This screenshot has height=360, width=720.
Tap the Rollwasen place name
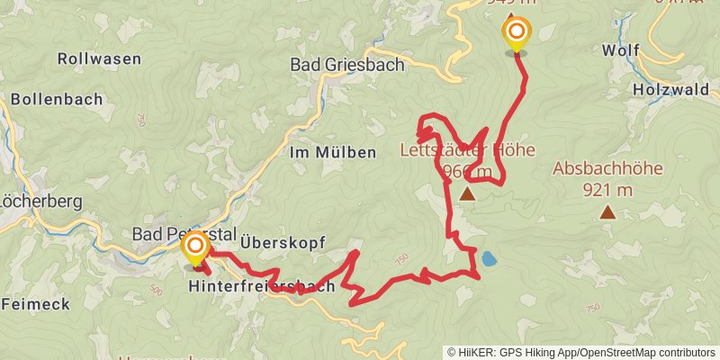99,58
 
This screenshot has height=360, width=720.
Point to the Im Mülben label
332,152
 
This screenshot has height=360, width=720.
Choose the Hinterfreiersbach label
262,286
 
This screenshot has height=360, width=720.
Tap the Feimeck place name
35,304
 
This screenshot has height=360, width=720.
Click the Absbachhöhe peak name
607,168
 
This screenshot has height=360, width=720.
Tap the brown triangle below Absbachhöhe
608,212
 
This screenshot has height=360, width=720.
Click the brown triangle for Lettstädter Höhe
467,193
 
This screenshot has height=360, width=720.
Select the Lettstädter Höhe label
467,150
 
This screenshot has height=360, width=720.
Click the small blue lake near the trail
488,259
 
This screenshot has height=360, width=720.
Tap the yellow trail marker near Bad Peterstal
194,246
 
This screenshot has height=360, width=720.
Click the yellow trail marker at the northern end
517,32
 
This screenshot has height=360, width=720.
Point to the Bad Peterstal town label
170,234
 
